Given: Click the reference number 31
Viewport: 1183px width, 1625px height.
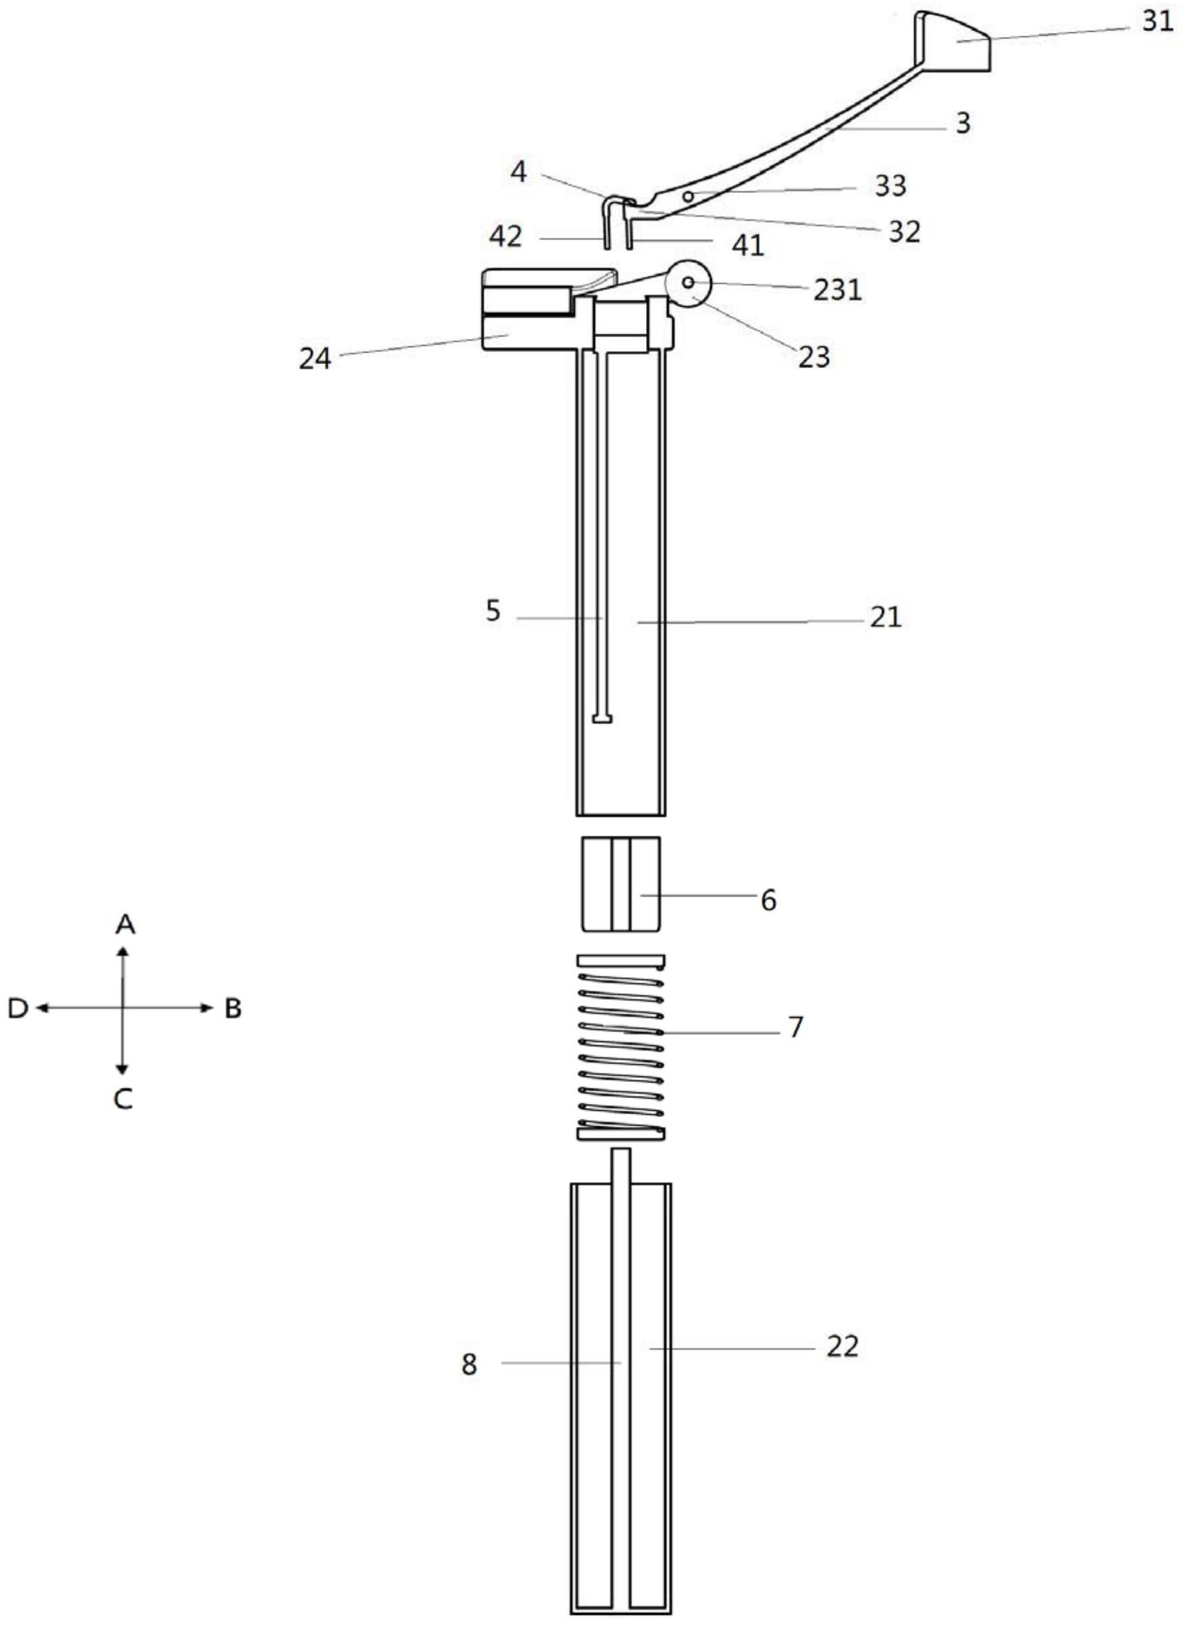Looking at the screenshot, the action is coord(1157,22).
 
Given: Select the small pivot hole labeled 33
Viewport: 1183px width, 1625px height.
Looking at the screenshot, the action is coord(688,196).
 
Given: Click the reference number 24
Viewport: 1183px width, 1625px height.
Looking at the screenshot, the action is coord(316,358).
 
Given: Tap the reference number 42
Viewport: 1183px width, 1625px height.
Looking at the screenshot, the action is coord(506,236).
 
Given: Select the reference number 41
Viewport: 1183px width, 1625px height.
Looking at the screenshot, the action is coord(748,246).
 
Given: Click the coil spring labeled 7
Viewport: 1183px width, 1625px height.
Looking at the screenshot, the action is coord(621,1047).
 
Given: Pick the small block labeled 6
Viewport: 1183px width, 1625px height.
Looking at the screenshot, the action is coord(620,884).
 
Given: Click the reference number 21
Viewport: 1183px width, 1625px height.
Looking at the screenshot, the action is coord(886,617).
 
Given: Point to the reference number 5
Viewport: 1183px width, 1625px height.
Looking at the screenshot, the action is coord(493,611).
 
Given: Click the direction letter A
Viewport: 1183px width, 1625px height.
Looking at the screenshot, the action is coord(125,925).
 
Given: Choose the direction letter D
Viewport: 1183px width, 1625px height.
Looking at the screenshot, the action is coord(18,1009).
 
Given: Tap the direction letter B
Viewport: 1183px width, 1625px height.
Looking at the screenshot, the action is coord(233,1009).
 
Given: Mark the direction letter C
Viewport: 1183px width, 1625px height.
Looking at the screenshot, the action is coord(124,1099).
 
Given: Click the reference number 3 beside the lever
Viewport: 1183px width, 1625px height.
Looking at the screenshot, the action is coord(963,123).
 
